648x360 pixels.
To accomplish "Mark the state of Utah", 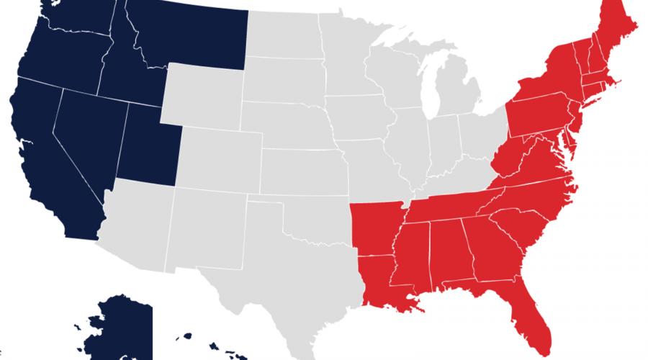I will click(148, 140).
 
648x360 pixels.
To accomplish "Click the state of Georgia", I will click(487, 248).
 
